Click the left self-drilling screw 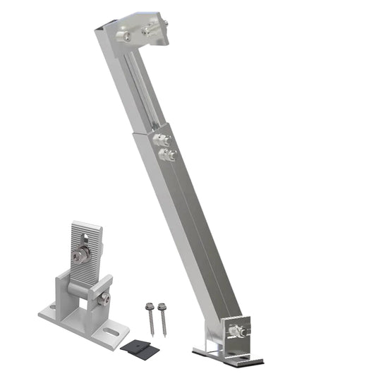[x=153, y=317]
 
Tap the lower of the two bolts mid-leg [x=167, y=154]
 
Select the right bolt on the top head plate [x=150, y=30]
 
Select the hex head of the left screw [x=150, y=306]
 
